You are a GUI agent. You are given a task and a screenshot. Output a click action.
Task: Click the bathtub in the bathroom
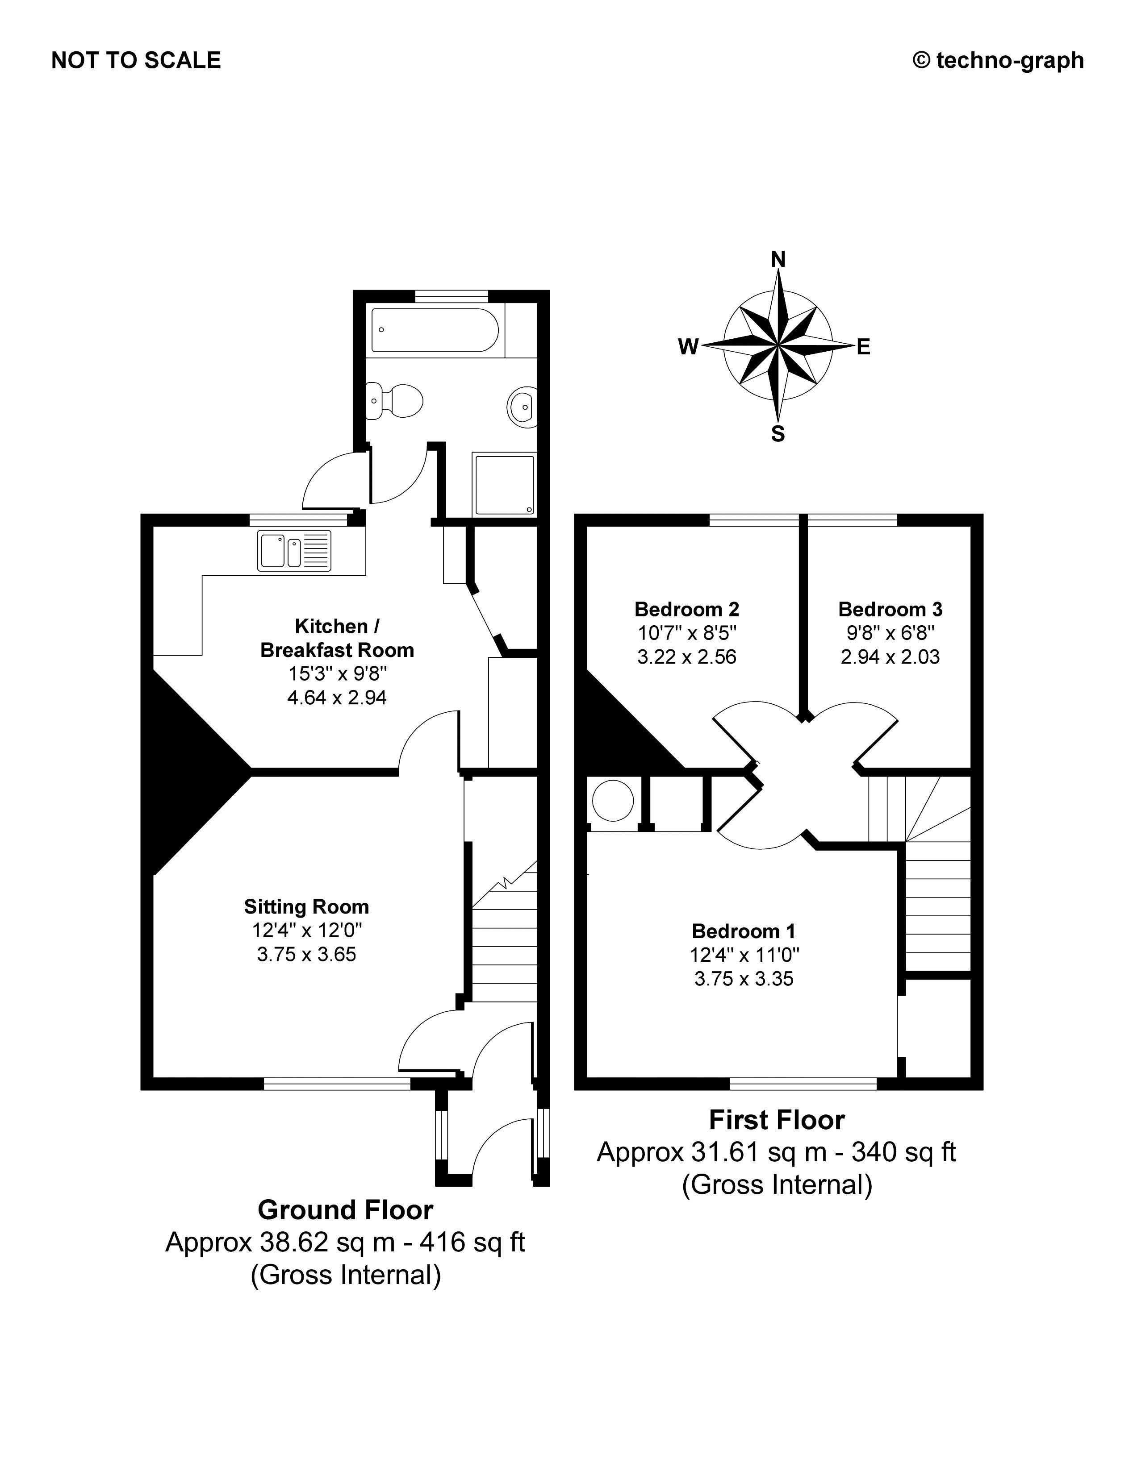(435, 330)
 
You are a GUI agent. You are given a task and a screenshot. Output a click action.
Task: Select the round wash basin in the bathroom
(522, 407)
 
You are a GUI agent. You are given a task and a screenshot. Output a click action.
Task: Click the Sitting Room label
(307, 906)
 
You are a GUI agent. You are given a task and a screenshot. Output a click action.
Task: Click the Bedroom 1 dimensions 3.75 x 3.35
(744, 979)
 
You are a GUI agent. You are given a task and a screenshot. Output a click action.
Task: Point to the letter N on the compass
(778, 259)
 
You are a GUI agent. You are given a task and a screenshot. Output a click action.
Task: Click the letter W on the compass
(688, 347)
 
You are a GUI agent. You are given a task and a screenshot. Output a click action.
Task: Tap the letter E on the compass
(863, 347)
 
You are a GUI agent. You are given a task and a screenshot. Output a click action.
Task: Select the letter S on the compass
(778, 434)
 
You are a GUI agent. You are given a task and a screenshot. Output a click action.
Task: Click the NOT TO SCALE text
(136, 61)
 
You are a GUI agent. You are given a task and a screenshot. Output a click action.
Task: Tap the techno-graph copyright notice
(998, 61)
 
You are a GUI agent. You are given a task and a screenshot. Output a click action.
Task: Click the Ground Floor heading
(345, 1210)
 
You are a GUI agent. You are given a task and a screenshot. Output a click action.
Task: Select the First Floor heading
(777, 1120)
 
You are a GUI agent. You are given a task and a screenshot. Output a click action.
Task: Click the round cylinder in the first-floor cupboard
(613, 800)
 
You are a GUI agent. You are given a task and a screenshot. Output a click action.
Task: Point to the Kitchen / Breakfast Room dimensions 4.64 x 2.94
(337, 697)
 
